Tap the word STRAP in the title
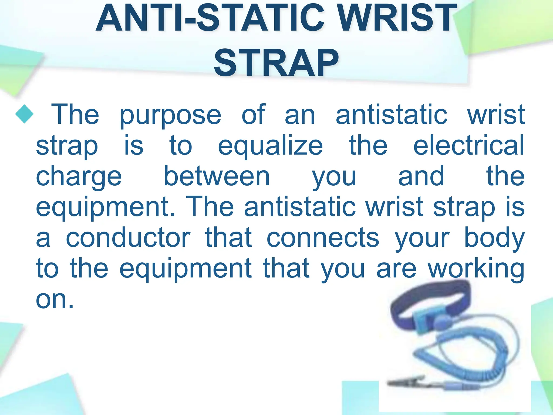point(276,63)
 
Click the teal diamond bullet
point(24,114)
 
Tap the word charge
point(79,178)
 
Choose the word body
point(494,239)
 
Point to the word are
point(396,269)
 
